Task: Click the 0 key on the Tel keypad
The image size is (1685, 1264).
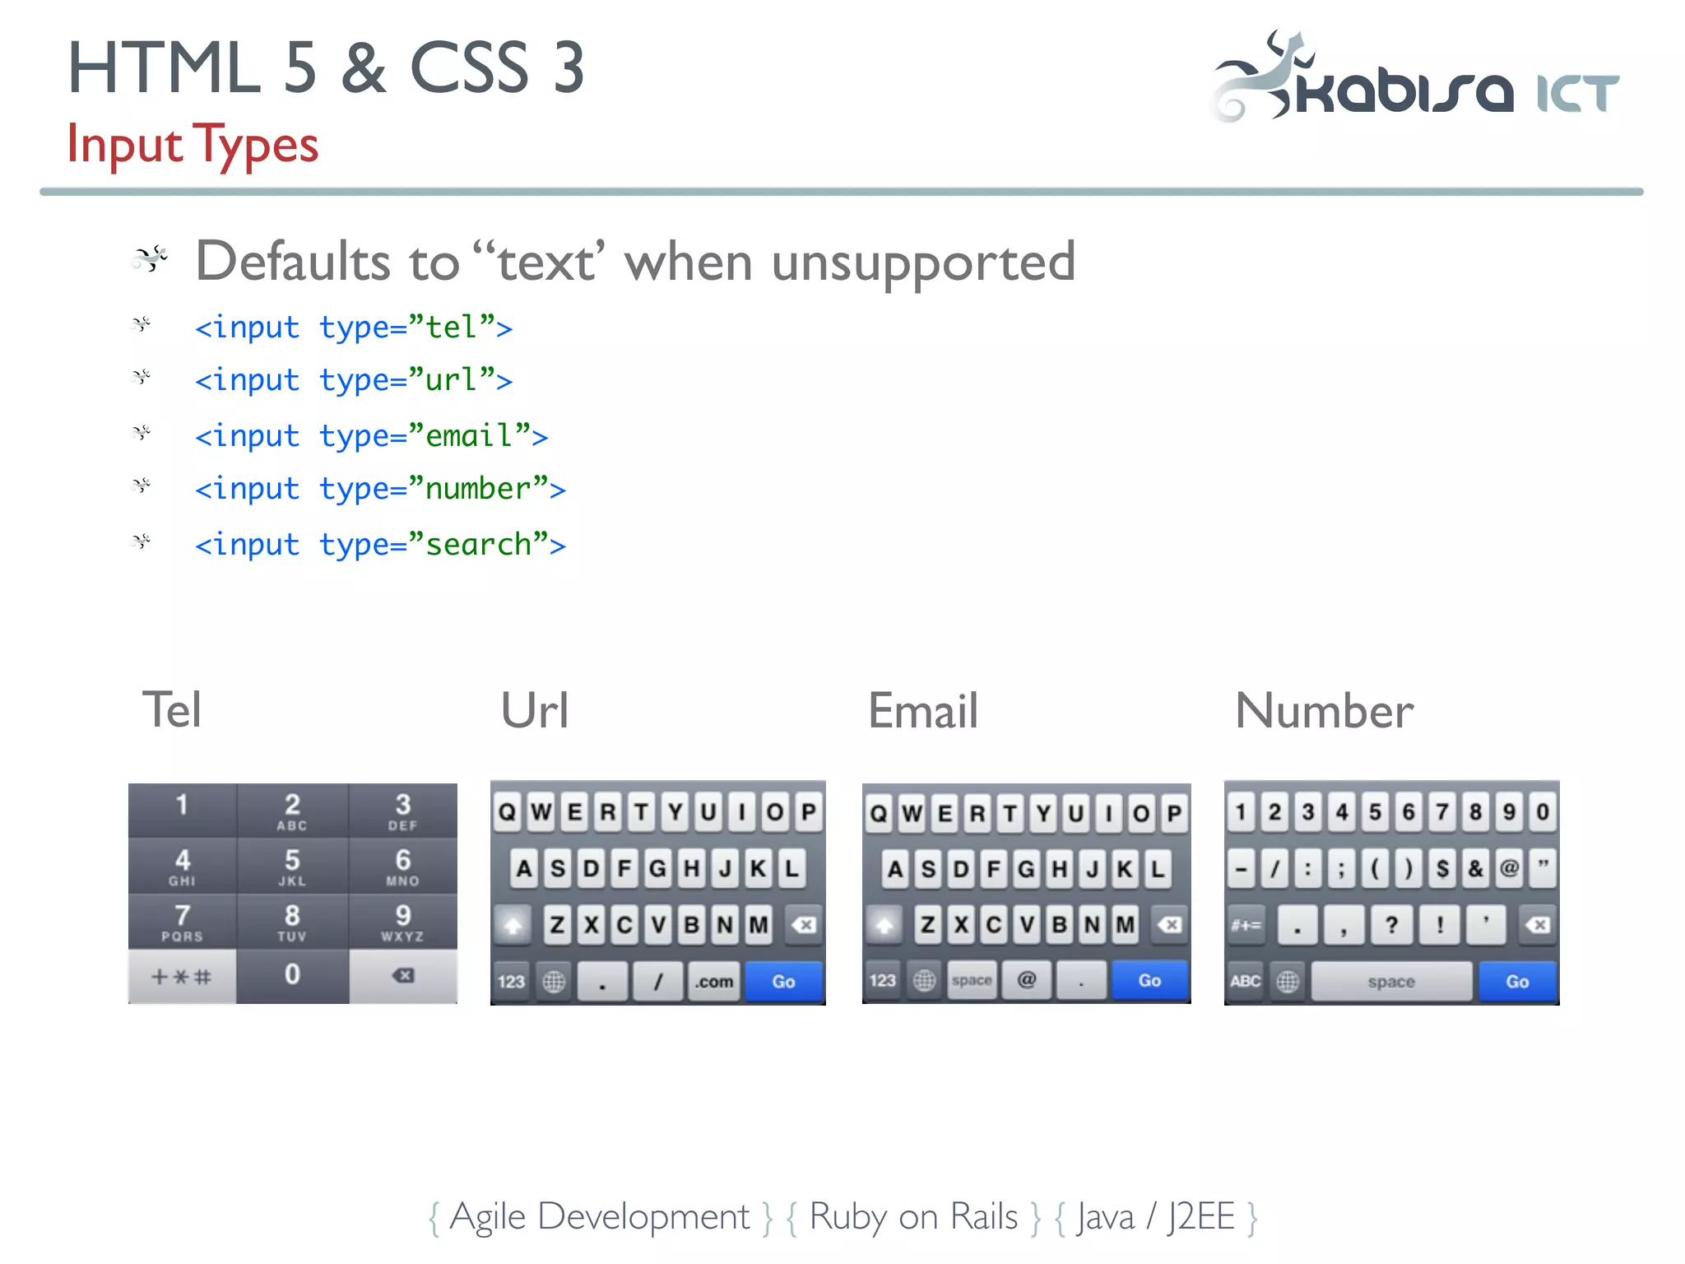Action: [292, 976]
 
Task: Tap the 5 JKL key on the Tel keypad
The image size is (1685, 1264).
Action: [292, 867]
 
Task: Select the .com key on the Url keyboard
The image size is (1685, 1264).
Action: [713, 981]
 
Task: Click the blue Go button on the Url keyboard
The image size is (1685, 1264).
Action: [783, 981]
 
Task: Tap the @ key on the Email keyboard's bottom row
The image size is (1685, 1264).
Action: [1027, 980]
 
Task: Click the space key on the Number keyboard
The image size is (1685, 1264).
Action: [1390, 982]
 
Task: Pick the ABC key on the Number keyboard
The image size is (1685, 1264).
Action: [1245, 981]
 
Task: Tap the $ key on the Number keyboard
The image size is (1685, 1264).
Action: [1442, 869]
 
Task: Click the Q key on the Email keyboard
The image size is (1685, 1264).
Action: [879, 814]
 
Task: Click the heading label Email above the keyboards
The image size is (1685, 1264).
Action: [923, 711]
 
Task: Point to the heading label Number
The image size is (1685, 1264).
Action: [1324, 711]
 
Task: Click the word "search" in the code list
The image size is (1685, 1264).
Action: [478, 545]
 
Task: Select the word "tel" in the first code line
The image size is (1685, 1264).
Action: [451, 328]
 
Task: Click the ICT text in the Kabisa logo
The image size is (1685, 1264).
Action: [1577, 93]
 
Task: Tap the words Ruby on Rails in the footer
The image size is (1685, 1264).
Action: [913, 1216]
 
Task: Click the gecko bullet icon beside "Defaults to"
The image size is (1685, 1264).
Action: [151, 258]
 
